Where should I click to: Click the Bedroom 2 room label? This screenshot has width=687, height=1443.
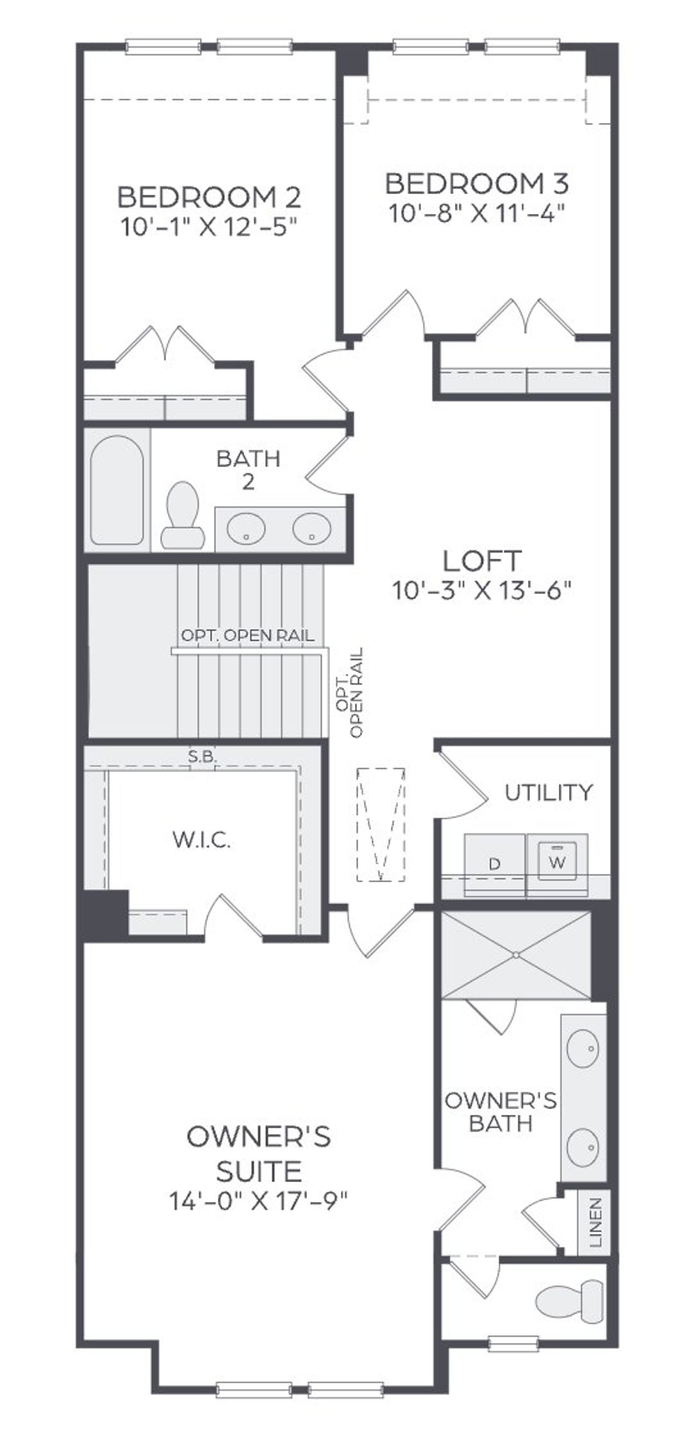point(208,196)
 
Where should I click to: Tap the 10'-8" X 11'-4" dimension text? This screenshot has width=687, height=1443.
point(476,214)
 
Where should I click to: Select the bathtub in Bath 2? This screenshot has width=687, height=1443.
point(116,489)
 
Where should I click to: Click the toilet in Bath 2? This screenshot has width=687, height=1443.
point(182,515)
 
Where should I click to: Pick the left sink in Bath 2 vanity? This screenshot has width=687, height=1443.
point(246,528)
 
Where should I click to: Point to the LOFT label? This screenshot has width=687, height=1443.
point(481,561)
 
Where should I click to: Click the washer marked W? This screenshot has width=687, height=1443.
point(557,861)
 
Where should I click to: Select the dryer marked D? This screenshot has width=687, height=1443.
point(494,865)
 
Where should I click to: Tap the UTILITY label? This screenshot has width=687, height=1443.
point(548,793)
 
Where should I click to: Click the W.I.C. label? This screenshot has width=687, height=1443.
point(201,840)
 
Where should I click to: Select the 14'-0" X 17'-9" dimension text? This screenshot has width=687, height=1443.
point(258,1201)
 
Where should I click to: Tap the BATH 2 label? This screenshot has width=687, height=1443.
point(249,470)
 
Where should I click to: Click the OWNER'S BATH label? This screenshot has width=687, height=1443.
point(500,1112)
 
